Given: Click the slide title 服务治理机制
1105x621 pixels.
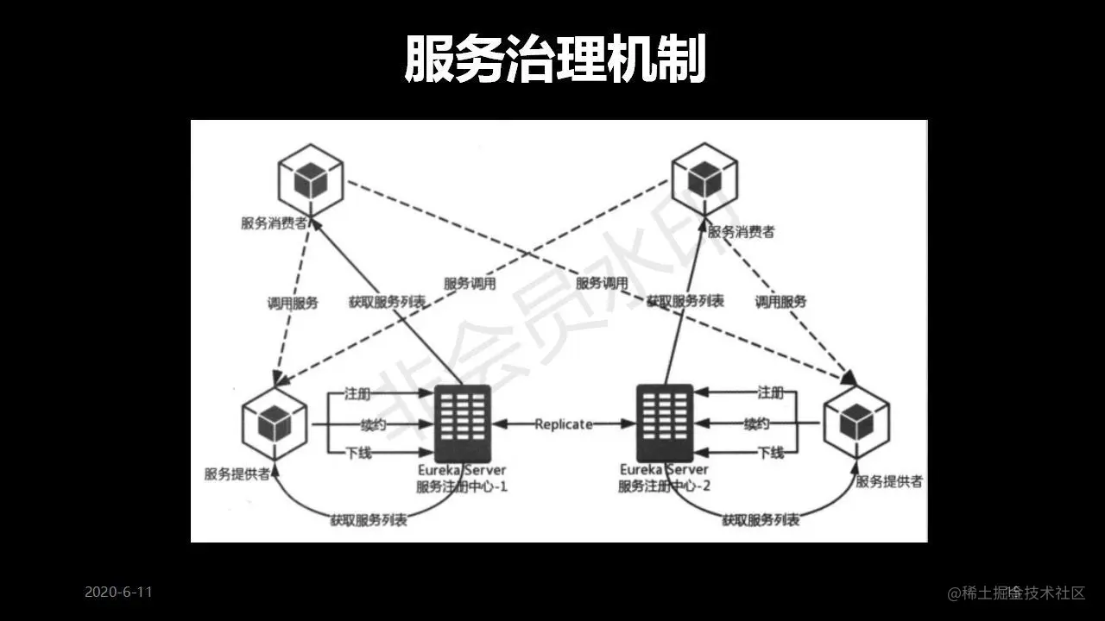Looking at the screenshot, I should click(555, 60).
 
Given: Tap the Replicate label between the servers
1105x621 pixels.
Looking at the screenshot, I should click(564, 423).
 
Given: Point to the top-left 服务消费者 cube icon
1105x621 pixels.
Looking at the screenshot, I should click(310, 180).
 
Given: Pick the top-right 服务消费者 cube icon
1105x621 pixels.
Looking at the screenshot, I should click(705, 179).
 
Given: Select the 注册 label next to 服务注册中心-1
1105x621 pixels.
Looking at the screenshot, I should click(357, 393).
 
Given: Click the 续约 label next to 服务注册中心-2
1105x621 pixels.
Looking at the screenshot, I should click(757, 423).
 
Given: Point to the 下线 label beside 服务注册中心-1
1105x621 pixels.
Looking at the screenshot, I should click(358, 453).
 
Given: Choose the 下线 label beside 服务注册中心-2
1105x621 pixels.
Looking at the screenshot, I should click(770, 453).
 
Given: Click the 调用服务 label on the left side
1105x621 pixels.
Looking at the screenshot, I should click(293, 303).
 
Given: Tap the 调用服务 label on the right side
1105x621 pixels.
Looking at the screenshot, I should click(780, 302).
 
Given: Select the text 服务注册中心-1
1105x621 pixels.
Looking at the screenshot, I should click(462, 486).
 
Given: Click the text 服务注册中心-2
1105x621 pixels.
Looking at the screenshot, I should click(664, 486).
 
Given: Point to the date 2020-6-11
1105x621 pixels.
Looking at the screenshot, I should click(118, 593).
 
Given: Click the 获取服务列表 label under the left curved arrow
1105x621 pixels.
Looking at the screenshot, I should click(369, 520).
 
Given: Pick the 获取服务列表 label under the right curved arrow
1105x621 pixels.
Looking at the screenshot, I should click(761, 520).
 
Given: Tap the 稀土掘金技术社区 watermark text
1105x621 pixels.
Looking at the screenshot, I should click(1016, 593).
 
